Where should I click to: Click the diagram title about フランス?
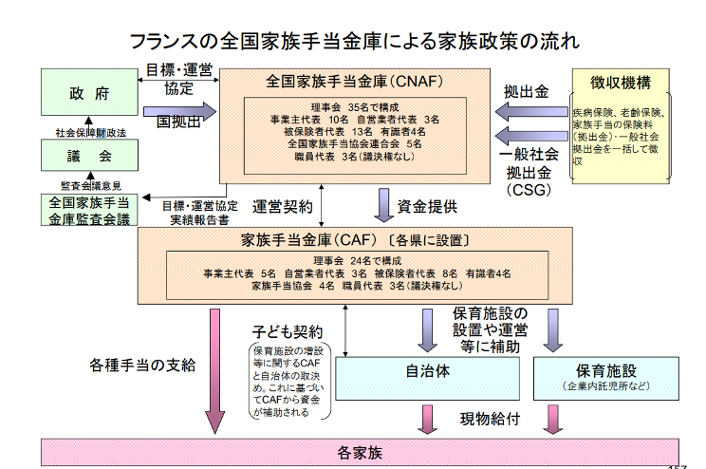(x=353, y=42)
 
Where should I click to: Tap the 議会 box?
(x=88, y=156)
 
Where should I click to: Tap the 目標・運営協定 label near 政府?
(x=178, y=79)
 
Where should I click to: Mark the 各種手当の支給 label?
(x=142, y=366)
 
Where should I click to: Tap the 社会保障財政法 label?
(x=87, y=132)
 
